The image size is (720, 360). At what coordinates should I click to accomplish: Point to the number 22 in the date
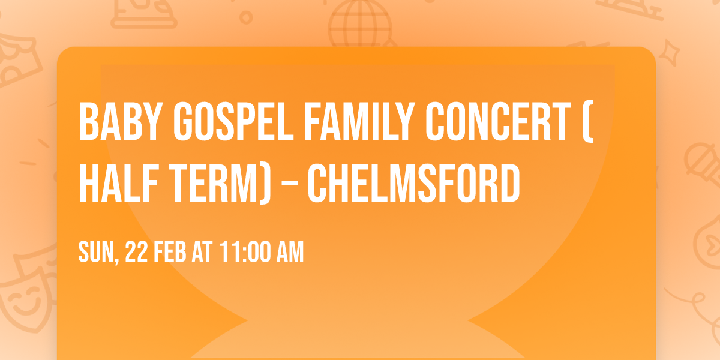click(x=136, y=253)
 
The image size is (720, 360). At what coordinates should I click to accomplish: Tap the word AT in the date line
click(x=202, y=253)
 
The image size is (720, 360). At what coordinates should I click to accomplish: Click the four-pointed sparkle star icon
click(x=673, y=53)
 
